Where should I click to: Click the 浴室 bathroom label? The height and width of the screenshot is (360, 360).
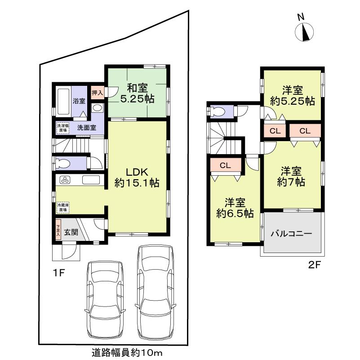coord(79,101)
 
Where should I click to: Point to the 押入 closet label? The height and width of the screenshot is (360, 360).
coord(97,93)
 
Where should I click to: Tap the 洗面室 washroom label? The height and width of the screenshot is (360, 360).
coord(86,127)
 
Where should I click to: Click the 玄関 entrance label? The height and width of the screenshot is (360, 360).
coord(71,232)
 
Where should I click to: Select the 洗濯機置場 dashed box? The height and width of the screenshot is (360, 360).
coord(62,128)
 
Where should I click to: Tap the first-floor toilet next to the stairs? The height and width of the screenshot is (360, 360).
coord(64,163)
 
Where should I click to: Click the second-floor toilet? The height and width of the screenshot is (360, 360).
coord(219,111)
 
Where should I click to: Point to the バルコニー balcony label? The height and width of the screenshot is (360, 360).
coord(291,234)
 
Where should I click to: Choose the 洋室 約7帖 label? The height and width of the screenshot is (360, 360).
coord(291,176)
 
